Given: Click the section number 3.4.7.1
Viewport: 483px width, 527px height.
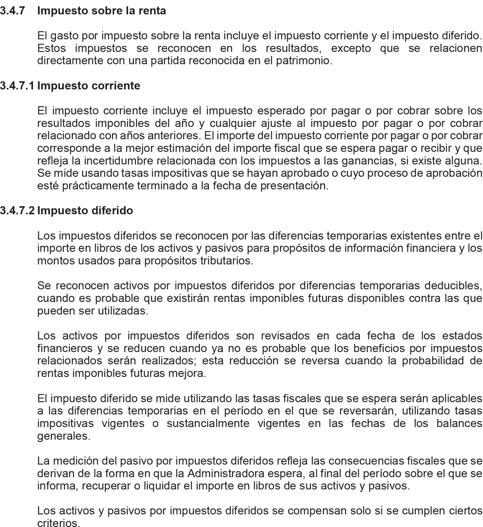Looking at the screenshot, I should [17, 86].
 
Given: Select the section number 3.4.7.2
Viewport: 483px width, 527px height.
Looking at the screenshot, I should [17, 211].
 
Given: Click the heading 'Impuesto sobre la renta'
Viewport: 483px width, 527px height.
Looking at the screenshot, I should [101, 11].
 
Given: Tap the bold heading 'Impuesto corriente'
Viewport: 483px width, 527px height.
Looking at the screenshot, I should [88, 86].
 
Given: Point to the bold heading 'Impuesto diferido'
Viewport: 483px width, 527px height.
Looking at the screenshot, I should [85, 211].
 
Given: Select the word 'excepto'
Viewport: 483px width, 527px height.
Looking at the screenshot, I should [351, 48].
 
